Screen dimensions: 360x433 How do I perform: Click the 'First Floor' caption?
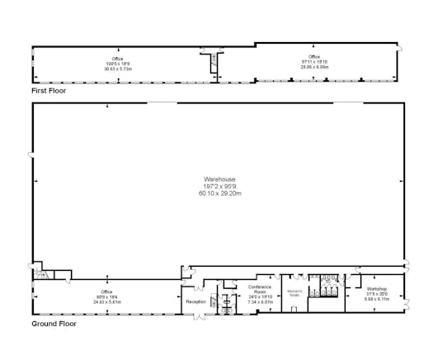[49, 90]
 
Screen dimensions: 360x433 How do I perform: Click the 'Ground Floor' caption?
[54, 324]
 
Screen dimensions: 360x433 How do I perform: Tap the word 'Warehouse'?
[219, 179]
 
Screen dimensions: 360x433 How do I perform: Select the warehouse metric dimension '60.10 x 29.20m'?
[219, 193]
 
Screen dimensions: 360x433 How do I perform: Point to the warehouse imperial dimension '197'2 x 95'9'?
[219, 187]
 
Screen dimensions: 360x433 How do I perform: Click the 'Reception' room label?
[196, 302]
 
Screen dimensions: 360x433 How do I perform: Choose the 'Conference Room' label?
[261, 289]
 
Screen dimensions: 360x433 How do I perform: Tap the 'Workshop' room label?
[377, 289]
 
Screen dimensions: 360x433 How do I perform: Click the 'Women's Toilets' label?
[294, 292]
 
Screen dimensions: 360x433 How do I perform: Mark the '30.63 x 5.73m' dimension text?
[118, 69]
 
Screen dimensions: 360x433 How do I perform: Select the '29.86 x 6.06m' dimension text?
[313, 66]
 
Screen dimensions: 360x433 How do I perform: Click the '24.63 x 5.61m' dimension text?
[106, 301]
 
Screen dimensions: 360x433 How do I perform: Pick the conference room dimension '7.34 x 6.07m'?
[261, 301]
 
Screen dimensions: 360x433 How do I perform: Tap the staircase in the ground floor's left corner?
[46, 275]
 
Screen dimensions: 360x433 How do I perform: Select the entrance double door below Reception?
[199, 317]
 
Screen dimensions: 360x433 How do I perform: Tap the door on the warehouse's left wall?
[31, 157]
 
